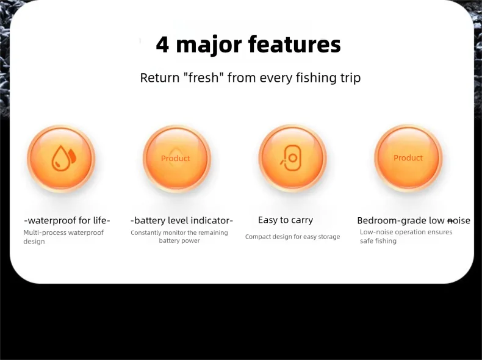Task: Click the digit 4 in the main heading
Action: click(163, 45)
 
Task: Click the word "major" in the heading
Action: click(209, 46)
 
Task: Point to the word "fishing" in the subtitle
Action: click(316, 78)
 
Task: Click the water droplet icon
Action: click(63, 158)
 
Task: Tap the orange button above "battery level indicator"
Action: click(177, 158)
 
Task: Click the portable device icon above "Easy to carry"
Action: click(291, 158)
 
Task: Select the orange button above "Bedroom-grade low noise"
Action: click(408, 158)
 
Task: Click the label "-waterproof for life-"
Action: click(67, 220)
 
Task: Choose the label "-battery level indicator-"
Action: click(182, 220)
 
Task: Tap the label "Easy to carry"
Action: click(286, 220)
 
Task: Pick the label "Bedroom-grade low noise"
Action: click(414, 220)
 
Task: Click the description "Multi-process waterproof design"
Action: click(63, 237)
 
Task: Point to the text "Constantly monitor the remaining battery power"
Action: click(179, 236)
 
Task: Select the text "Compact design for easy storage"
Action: click(293, 237)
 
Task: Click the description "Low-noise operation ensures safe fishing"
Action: click(406, 236)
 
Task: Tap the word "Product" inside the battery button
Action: click(176, 158)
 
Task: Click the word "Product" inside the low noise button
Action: click(408, 157)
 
